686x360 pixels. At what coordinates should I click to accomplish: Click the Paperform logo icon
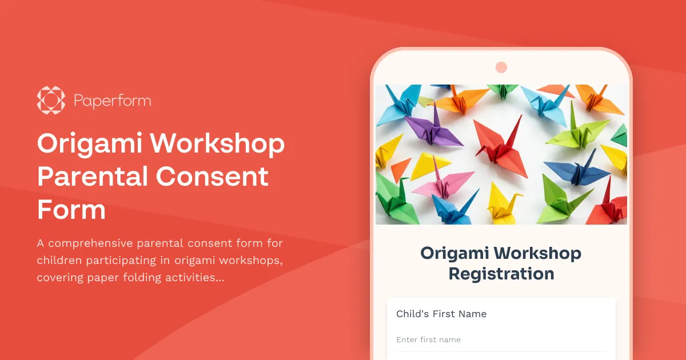coord(51,101)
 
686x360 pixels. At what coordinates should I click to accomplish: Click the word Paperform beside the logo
coord(112,101)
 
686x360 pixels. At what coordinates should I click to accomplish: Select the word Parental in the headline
coord(91,177)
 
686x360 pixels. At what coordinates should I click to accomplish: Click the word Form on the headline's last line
coord(71,209)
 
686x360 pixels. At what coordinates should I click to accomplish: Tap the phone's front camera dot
coord(501,67)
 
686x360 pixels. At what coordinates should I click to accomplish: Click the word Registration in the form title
coord(501,274)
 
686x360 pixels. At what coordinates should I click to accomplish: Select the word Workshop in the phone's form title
coord(537,253)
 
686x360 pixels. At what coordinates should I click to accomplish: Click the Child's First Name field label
coord(441,314)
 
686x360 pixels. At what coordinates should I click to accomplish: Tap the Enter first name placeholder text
coord(428,340)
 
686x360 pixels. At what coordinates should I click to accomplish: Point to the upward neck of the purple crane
coord(436,114)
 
